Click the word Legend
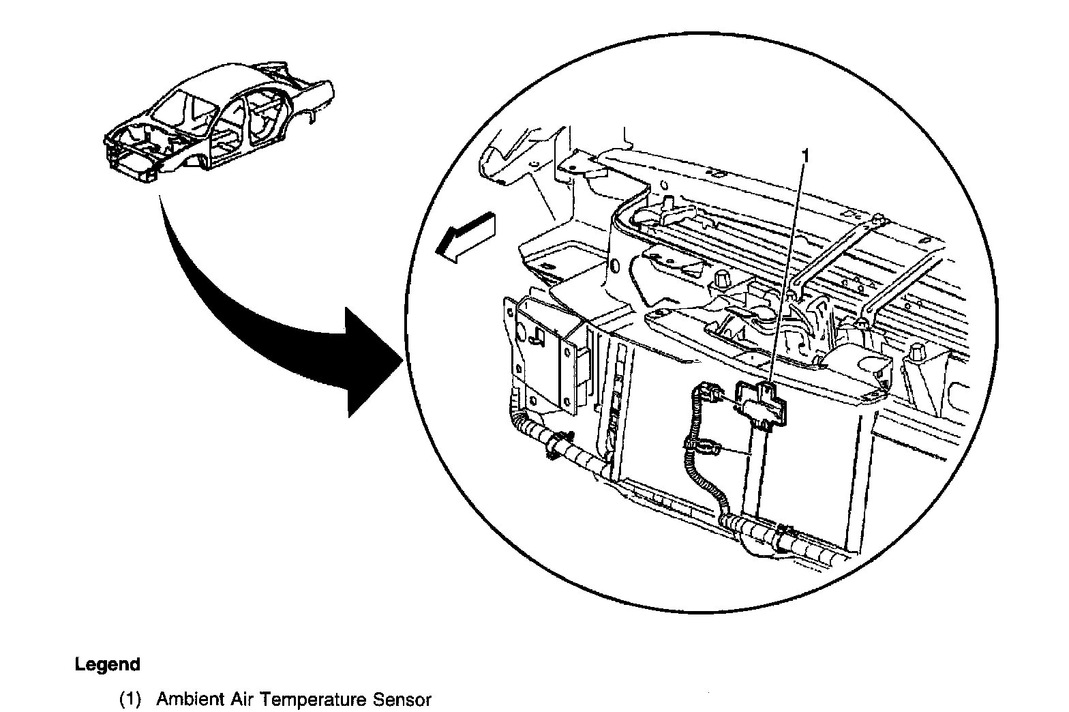[x=107, y=664]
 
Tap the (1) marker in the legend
[x=130, y=700]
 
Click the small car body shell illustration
[x=218, y=123]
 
